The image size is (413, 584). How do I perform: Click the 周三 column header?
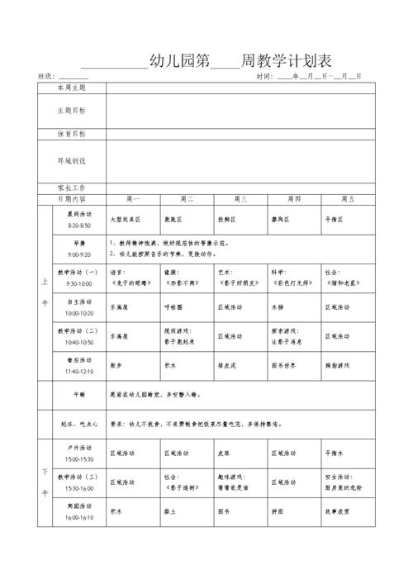pyautogui.click(x=240, y=199)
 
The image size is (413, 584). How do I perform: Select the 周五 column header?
pyautogui.click(x=348, y=199)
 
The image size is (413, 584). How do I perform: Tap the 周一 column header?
pyautogui.click(x=132, y=199)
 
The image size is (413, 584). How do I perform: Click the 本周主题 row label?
pyautogui.click(x=71, y=87)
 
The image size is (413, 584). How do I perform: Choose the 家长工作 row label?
pyautogui.click(x=71, y=188)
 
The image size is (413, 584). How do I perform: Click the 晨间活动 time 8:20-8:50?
pyautogui.click(x=80, y=226)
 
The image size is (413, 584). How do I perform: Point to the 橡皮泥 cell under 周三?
pyautogui.click(x=228, y=364)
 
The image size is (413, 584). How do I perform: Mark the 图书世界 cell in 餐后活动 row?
pyautogui.click(x=283, y=364)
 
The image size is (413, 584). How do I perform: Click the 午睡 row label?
pyautogui.click(x=80, y=395)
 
